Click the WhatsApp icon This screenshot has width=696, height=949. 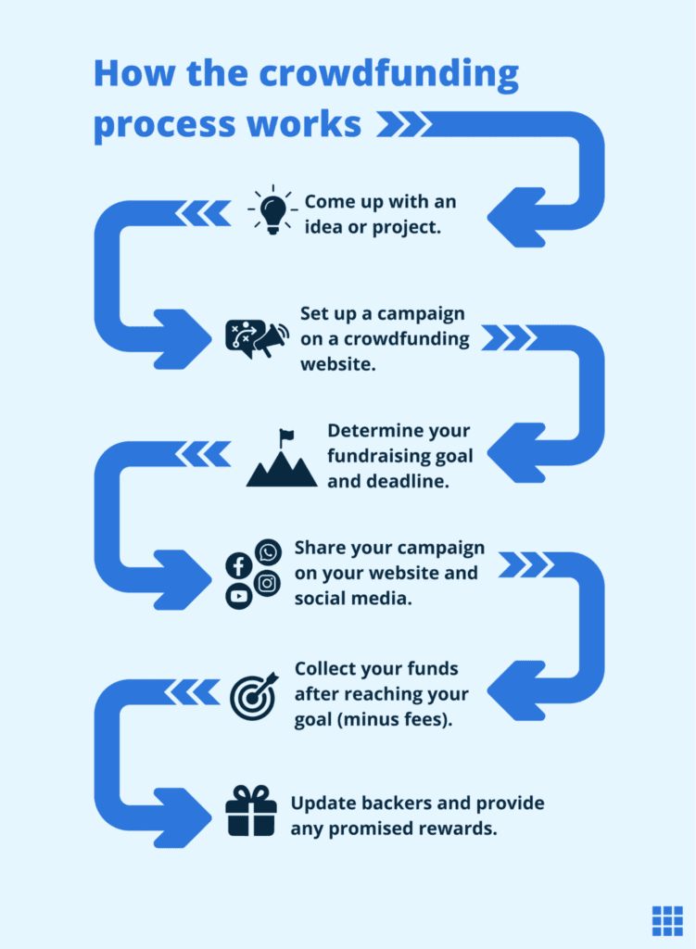[x=268, y=553]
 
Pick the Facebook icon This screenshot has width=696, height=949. [x=238, y=565]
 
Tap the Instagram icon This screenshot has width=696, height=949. [x=268, y=583]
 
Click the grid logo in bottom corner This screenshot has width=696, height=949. [x=666, y=920]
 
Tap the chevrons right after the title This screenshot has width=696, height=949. [x=401, y=123]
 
